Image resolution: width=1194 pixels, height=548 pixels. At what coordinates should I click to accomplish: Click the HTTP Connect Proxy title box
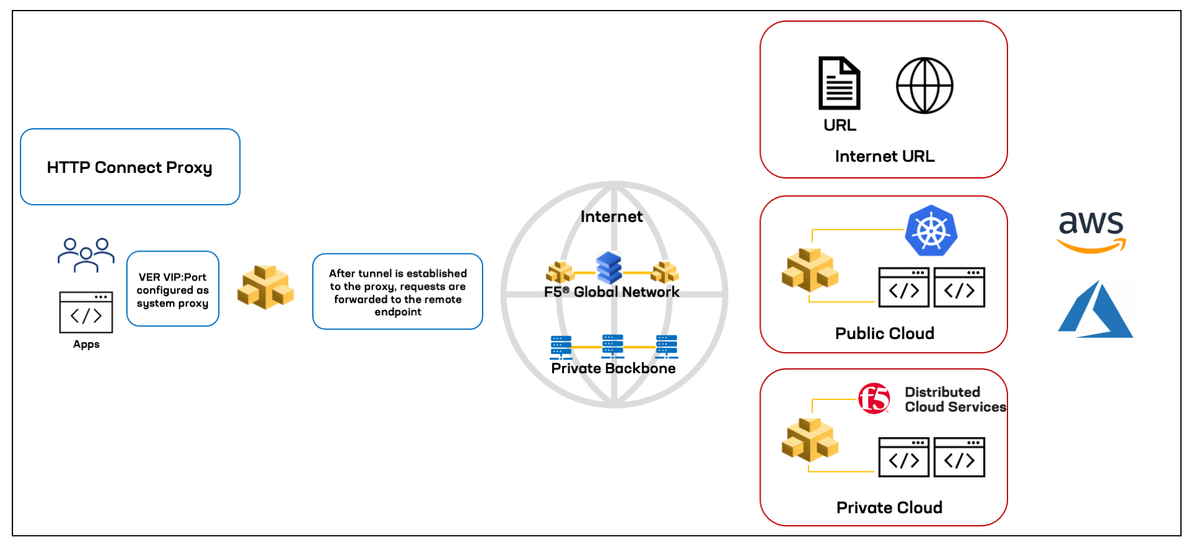pyautogui.click(x=130, y=167)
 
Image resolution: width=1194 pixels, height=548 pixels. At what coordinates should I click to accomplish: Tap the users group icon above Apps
pyautogui.click(x=86, y=254)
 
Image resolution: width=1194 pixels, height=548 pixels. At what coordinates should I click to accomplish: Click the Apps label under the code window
pyautogui.click(x=86, y=344)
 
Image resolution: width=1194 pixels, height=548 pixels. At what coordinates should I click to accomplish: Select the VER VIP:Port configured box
pyautogui.click(x=173, y=289)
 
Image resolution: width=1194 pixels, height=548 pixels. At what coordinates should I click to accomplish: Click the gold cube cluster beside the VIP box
pyautogui.click(x=266, y=287)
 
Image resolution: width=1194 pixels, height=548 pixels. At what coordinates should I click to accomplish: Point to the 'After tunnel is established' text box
pyautogui.click(x=397, y=292)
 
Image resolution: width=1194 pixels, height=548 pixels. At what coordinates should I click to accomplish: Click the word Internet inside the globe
pyautogui.click(x=611, y=216)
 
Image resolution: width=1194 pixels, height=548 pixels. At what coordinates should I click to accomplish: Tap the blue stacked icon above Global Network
pyautogui.click(x=609, y=267)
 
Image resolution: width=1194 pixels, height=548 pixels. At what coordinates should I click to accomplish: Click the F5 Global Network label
pyautogui.click(x=611, y=292)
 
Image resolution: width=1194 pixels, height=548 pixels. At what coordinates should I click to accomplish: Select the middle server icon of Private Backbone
pyautogui.click(x=613, y=346)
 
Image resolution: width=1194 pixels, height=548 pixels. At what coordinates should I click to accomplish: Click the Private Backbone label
pyautogui.click(x=613, y=368)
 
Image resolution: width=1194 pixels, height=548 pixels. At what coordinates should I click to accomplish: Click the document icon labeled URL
pyautogui.click(x=839, y=83)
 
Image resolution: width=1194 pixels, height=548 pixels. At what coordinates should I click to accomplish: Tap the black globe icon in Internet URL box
pyautogui.click(x=924, y=86)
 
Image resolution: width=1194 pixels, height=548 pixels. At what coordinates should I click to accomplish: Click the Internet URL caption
pyautogui.click(x=884, y=156)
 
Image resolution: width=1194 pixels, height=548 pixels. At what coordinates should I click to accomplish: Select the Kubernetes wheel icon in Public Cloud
pyautogui.click(x=931, y=231)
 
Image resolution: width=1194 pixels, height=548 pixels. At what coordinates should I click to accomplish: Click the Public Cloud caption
pyautogui.click(x=884, y=333)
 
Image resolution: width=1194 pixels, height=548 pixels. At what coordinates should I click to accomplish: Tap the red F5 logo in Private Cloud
pyautogui.click(x=874, y=398)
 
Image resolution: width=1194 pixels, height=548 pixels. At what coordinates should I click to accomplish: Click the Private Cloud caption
pyautogui.click(x=889, y=508)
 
